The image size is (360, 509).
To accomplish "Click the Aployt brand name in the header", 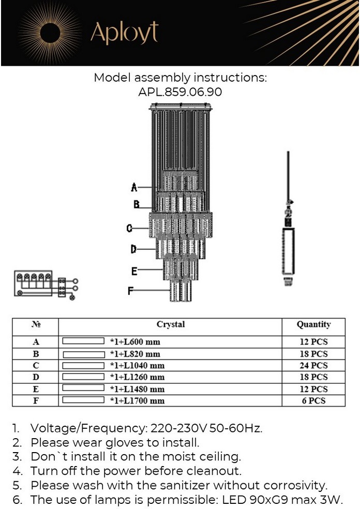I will coord(124,33).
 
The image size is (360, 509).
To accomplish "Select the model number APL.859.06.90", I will coord(180,92).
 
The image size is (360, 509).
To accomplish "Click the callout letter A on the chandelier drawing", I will coord(134,187).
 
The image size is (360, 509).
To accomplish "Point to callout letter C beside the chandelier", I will coord(130,228).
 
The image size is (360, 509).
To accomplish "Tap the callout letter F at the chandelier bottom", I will coord(131,291).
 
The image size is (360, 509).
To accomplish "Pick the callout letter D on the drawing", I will coord(133,249).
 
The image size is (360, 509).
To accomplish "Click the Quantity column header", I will coord(313,325).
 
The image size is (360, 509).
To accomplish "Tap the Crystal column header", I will coord(170,325).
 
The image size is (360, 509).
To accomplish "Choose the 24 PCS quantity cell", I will coord(313,366).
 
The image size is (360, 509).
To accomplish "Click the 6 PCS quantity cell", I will coord(313,400).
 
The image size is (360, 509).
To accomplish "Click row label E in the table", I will coord(36,389).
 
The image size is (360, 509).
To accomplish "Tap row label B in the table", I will coord(36,354).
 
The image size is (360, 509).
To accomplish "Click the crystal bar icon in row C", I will coord(83,365).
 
